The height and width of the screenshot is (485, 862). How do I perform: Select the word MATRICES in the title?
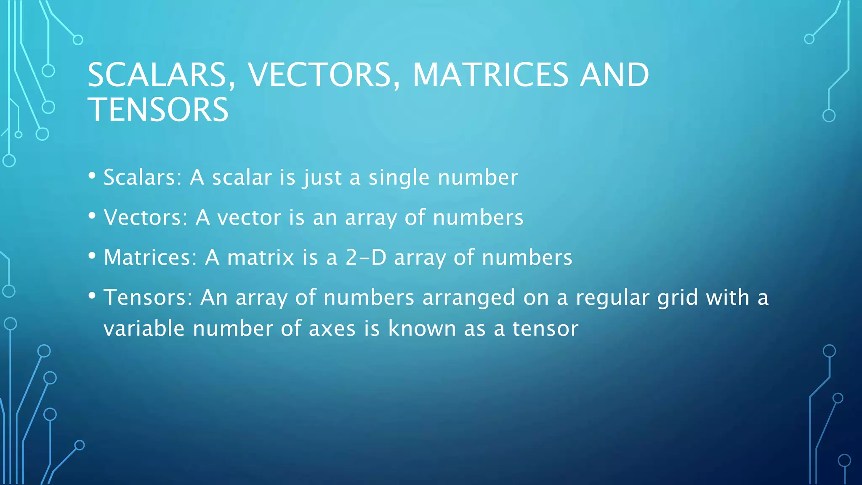tap(490, 75)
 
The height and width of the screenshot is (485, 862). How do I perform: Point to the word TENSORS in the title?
tap(158, 109)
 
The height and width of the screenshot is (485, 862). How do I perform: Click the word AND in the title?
tap(615, 75)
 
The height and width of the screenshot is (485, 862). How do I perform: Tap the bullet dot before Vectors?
tap(92, 216)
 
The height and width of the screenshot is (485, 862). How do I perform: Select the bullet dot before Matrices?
tap(92, 256)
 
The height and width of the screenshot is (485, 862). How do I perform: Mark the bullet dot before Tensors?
tap(92, 296)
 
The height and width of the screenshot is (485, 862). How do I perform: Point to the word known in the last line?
tap(422, 328)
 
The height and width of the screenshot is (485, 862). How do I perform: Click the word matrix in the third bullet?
tap(261, 257)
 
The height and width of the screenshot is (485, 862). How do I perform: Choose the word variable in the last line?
tap(144, 328)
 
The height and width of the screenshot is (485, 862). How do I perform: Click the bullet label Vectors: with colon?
tap(146, 217)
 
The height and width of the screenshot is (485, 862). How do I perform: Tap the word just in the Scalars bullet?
tap(322, 177)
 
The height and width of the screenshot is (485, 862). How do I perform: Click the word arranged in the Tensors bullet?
tap(468, 298)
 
